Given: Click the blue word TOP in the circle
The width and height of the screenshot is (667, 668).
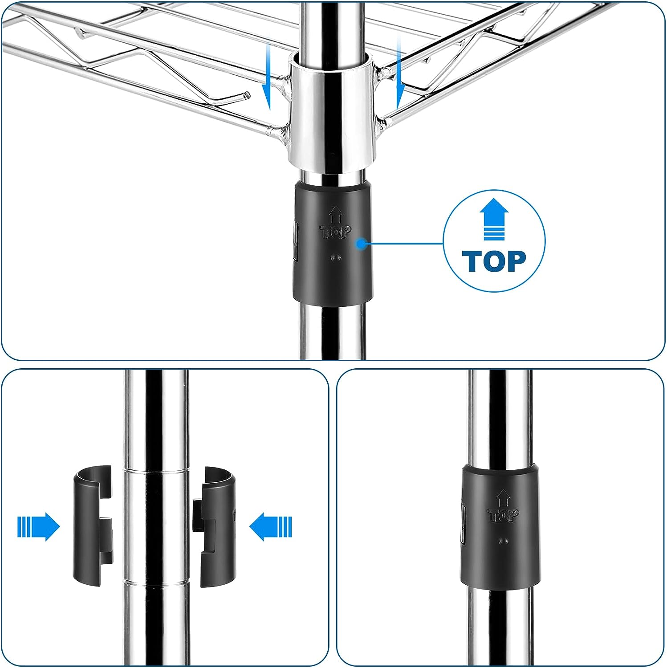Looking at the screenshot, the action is (x=494, y=261).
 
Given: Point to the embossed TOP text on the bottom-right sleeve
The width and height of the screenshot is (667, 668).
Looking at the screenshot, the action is (x=503, y=516).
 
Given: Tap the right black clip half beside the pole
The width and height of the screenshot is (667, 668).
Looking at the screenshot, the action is (x=215, y=526).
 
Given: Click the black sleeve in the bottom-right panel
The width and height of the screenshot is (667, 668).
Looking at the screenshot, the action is (x=499, y=528).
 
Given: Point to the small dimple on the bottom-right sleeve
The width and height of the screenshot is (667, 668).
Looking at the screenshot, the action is (x=504, y=541).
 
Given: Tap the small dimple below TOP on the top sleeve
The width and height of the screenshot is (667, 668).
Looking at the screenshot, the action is (x=336, y=257).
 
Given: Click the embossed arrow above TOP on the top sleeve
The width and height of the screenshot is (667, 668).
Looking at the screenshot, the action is (x=336, y=215).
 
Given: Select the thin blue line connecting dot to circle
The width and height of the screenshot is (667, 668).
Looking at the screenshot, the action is (x=404, y=244).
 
